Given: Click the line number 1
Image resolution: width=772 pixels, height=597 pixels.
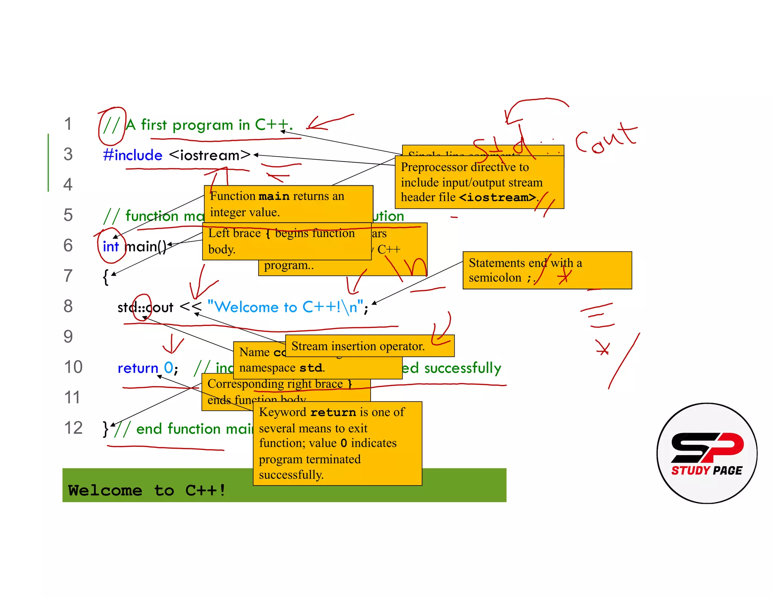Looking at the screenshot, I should (68, 124).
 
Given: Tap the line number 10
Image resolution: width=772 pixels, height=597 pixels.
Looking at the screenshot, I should (73, 367).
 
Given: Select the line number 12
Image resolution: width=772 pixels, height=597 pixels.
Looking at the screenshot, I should (73, 428).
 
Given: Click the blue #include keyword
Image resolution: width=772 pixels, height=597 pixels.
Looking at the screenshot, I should (133, 155).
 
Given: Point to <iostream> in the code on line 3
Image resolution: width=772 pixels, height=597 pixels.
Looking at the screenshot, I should (210, 155).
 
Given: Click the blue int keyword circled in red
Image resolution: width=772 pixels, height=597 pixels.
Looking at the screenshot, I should (110, 246).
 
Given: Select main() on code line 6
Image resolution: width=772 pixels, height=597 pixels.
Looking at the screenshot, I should (146, 246).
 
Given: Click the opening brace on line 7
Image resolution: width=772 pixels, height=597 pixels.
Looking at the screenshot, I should (106, 277).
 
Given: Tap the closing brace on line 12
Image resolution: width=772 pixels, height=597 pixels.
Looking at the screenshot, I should (106, 429).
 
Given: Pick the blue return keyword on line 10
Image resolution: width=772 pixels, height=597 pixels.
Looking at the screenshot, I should (138, 368).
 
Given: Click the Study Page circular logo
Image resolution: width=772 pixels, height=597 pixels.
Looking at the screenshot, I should (707, 453).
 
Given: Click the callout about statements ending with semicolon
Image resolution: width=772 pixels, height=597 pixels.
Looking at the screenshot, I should (547, 270).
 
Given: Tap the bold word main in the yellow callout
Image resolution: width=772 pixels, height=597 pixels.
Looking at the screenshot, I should (274, 196).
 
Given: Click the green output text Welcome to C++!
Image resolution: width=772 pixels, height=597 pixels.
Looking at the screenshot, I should (147, 490).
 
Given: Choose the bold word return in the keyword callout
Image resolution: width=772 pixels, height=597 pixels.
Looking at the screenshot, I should (333, 412).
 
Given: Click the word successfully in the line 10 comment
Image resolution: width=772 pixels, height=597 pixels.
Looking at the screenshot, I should (463, 368).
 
